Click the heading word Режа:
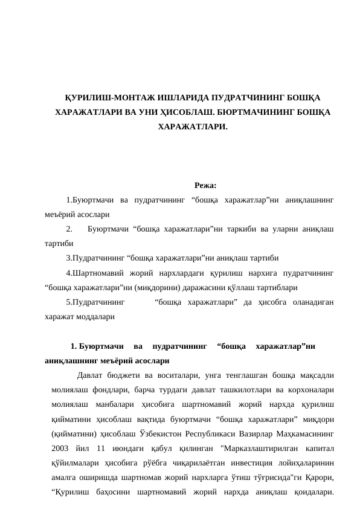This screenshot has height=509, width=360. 205,186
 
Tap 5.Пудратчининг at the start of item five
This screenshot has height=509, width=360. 95,302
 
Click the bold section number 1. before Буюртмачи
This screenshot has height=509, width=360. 74,347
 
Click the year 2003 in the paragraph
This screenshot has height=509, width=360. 62,448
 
